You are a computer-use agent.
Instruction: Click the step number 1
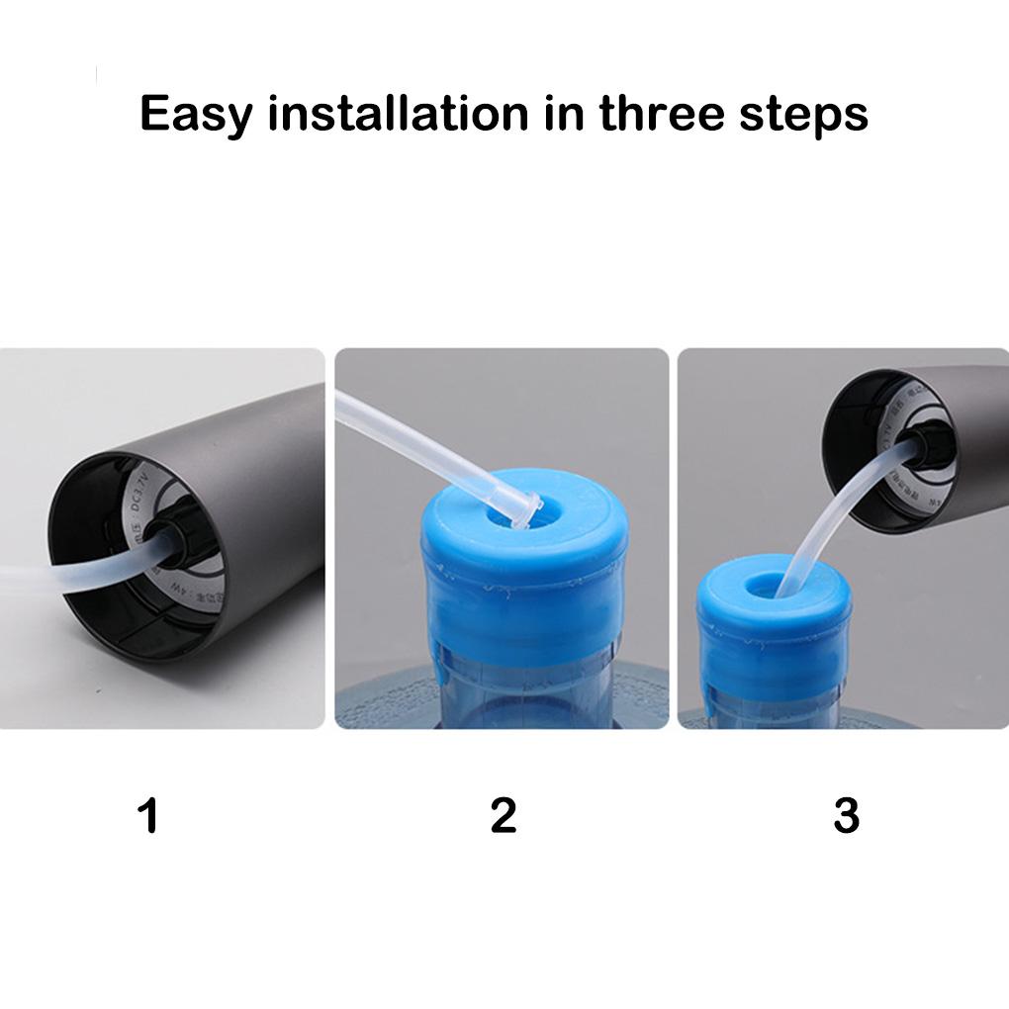coord(148,816)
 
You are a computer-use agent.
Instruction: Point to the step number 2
coord(504,816)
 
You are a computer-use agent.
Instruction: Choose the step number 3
coord(846,816)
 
